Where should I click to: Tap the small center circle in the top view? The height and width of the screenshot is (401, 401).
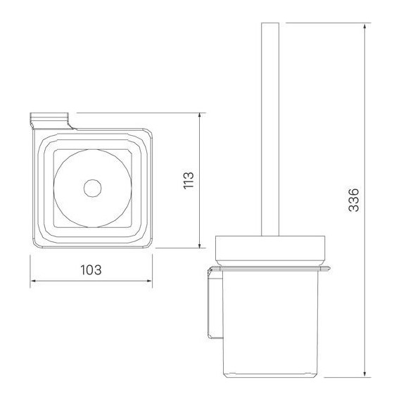coord(91,188)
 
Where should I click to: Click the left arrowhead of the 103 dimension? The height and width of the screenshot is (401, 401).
coord(33,284)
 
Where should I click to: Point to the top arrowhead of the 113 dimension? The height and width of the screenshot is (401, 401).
coord(202,115)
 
